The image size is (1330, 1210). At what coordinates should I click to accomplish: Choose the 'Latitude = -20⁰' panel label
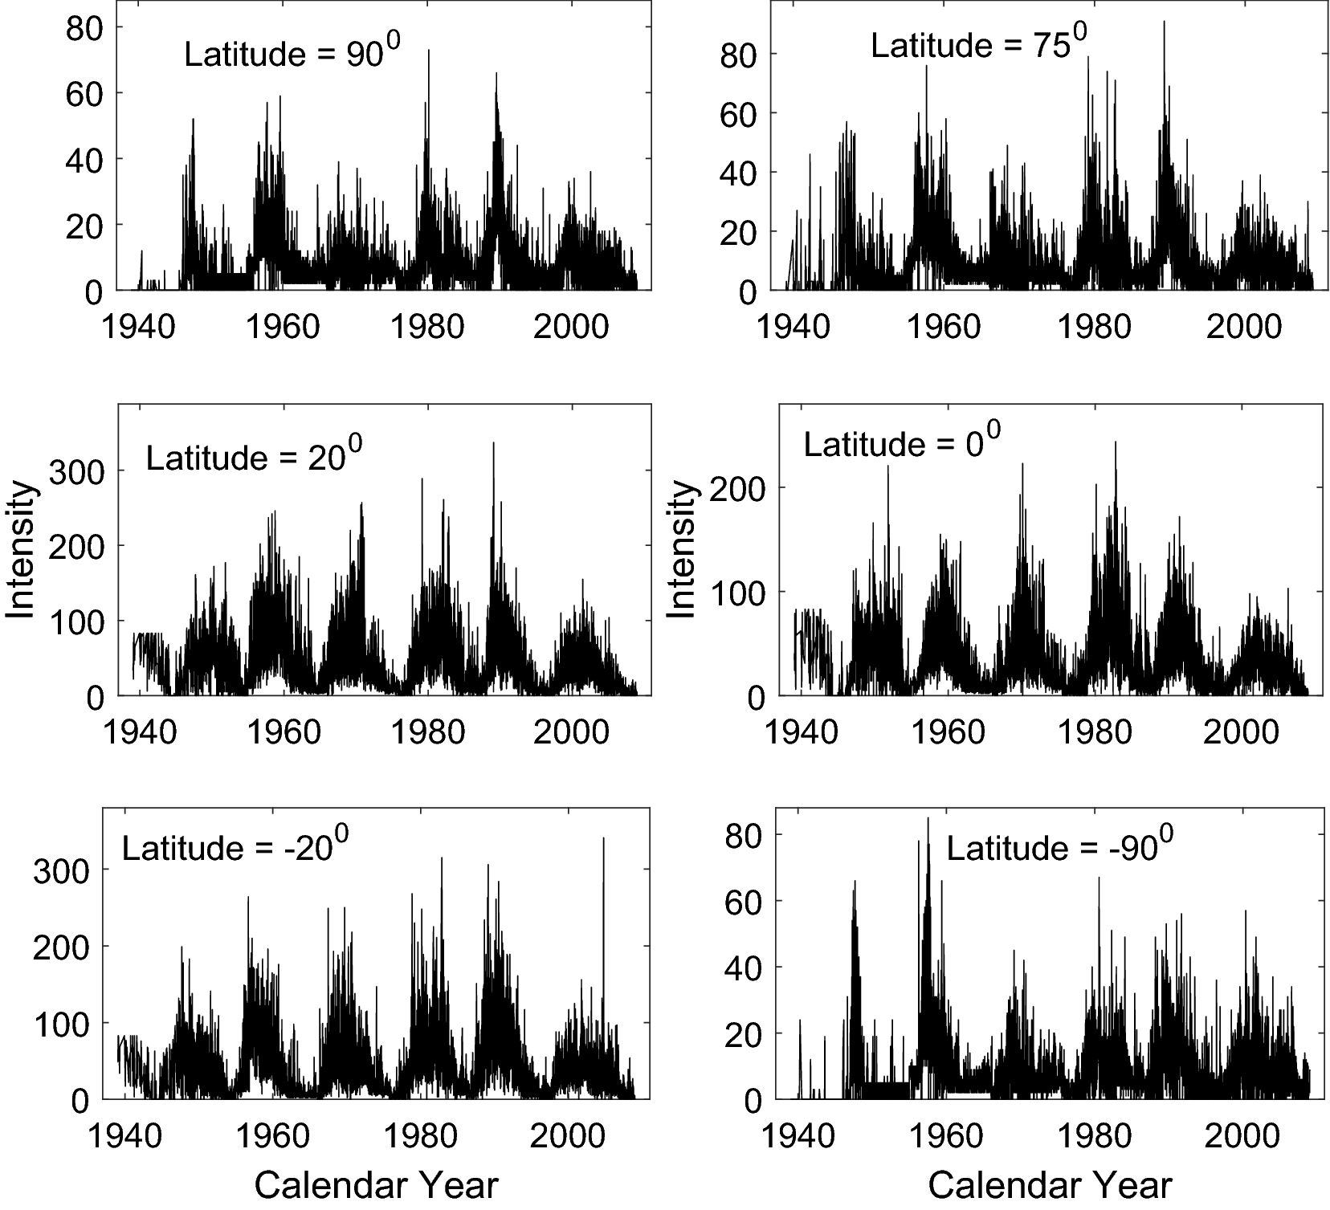coord(235,848)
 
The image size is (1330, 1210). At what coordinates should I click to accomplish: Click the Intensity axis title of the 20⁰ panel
coord(21,550)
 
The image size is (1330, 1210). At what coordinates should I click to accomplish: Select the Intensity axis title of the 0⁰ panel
coord(681,550)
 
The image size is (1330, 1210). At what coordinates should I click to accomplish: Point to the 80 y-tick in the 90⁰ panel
coord(84,27)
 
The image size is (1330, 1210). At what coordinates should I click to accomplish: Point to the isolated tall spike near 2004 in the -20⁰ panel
coord(603,840)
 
